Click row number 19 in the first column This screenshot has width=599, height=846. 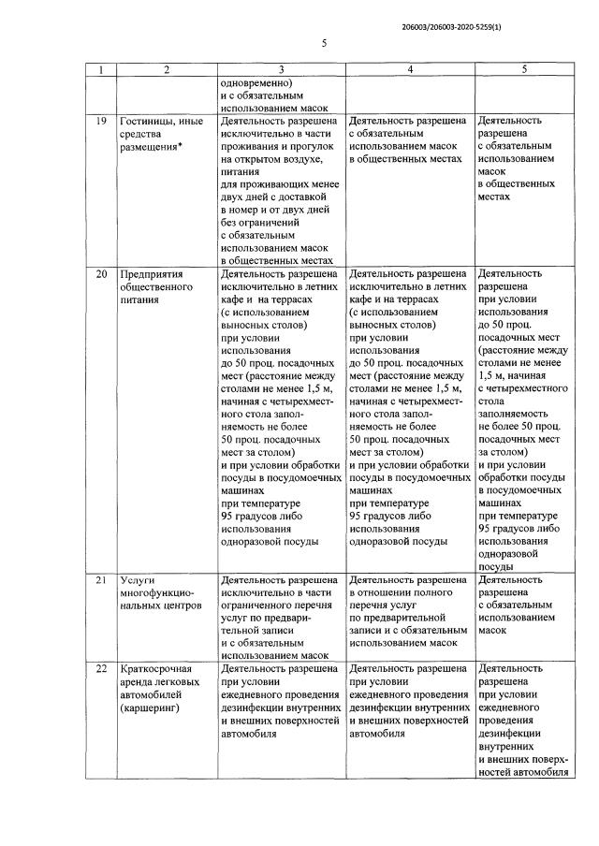101,122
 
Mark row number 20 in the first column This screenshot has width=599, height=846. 101,275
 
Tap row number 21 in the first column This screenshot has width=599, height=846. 101,580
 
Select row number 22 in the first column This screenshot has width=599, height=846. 101,669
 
